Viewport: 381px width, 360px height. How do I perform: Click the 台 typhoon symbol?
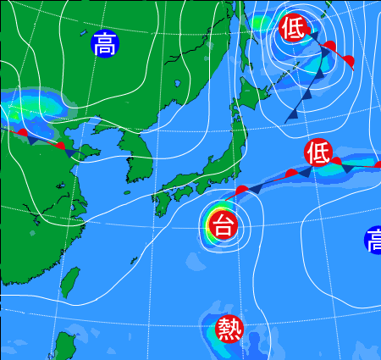(223, 225)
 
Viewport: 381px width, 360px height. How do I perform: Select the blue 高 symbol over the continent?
(105, 44)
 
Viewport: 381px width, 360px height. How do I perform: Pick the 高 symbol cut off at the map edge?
(373, 240)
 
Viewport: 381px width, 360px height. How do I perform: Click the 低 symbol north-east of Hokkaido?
(292, 29)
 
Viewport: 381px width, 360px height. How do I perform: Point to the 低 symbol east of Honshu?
(318, 152)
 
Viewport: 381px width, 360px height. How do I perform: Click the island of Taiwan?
(71, 282)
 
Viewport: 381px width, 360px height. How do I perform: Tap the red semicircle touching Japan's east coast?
(242, 190)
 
